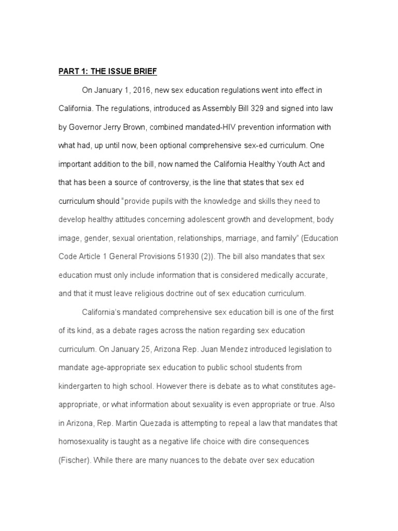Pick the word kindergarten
click(80, 386)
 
